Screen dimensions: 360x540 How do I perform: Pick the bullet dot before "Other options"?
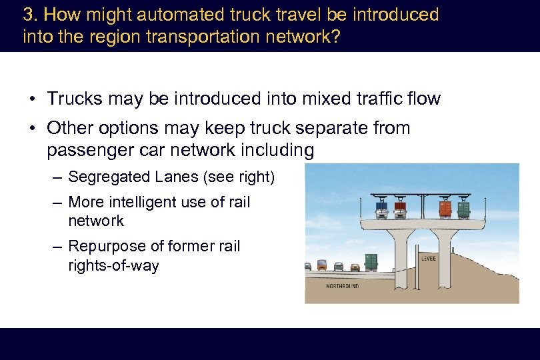pyautogui.click(x=32, y=128)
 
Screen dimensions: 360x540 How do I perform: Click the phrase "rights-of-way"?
pyautogui.click(x=113, y=265)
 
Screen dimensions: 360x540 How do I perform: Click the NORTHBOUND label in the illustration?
pyautogui.click(x=343, y=286)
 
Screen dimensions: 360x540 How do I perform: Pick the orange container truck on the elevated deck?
pyautogui.click(x=445, y=209)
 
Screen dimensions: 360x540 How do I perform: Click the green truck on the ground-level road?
pyautogui.click(x=371, y=262)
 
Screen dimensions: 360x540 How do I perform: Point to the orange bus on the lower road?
pyautogui.click(x=322, y=265)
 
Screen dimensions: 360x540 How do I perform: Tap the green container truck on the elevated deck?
pyautogui.click(x=463, y=209)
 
